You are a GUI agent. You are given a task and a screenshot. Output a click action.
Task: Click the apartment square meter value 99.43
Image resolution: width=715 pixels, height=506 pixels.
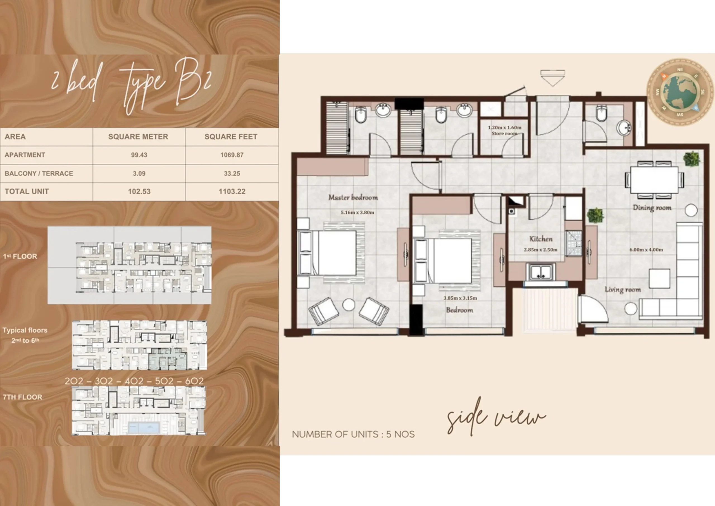139,155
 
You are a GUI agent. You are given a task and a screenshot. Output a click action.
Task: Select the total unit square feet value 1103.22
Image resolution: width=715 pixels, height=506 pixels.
232,191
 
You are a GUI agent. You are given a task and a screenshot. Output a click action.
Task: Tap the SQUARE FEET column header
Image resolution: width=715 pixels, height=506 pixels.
231,137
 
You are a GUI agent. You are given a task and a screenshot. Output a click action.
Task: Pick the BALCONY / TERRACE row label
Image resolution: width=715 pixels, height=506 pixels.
39,173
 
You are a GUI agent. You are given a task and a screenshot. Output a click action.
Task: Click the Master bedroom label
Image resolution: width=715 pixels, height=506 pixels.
353,197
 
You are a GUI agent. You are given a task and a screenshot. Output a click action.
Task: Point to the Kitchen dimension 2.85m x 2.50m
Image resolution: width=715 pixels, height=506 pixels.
540,250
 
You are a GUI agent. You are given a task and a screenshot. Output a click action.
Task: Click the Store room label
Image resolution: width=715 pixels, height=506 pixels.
504,133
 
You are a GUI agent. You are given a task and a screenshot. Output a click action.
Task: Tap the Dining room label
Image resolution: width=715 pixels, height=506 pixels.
652,208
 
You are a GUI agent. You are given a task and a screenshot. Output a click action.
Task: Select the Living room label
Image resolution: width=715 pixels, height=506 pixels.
623,290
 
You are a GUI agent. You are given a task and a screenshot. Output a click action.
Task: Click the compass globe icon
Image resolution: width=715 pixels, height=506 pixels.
680,92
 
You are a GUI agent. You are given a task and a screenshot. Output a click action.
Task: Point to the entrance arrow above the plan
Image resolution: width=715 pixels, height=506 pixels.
552,78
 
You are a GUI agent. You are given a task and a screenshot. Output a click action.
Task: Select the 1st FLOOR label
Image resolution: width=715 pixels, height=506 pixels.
20,256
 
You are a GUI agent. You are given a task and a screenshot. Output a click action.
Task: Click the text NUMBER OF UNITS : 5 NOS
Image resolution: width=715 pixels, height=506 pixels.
353,434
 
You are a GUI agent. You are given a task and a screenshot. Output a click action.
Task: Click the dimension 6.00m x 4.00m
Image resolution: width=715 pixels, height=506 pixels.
646,250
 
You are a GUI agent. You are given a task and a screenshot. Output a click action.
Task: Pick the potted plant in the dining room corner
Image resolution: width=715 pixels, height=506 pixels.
692,159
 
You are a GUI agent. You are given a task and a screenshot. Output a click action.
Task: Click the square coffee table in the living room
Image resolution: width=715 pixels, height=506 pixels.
659,278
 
